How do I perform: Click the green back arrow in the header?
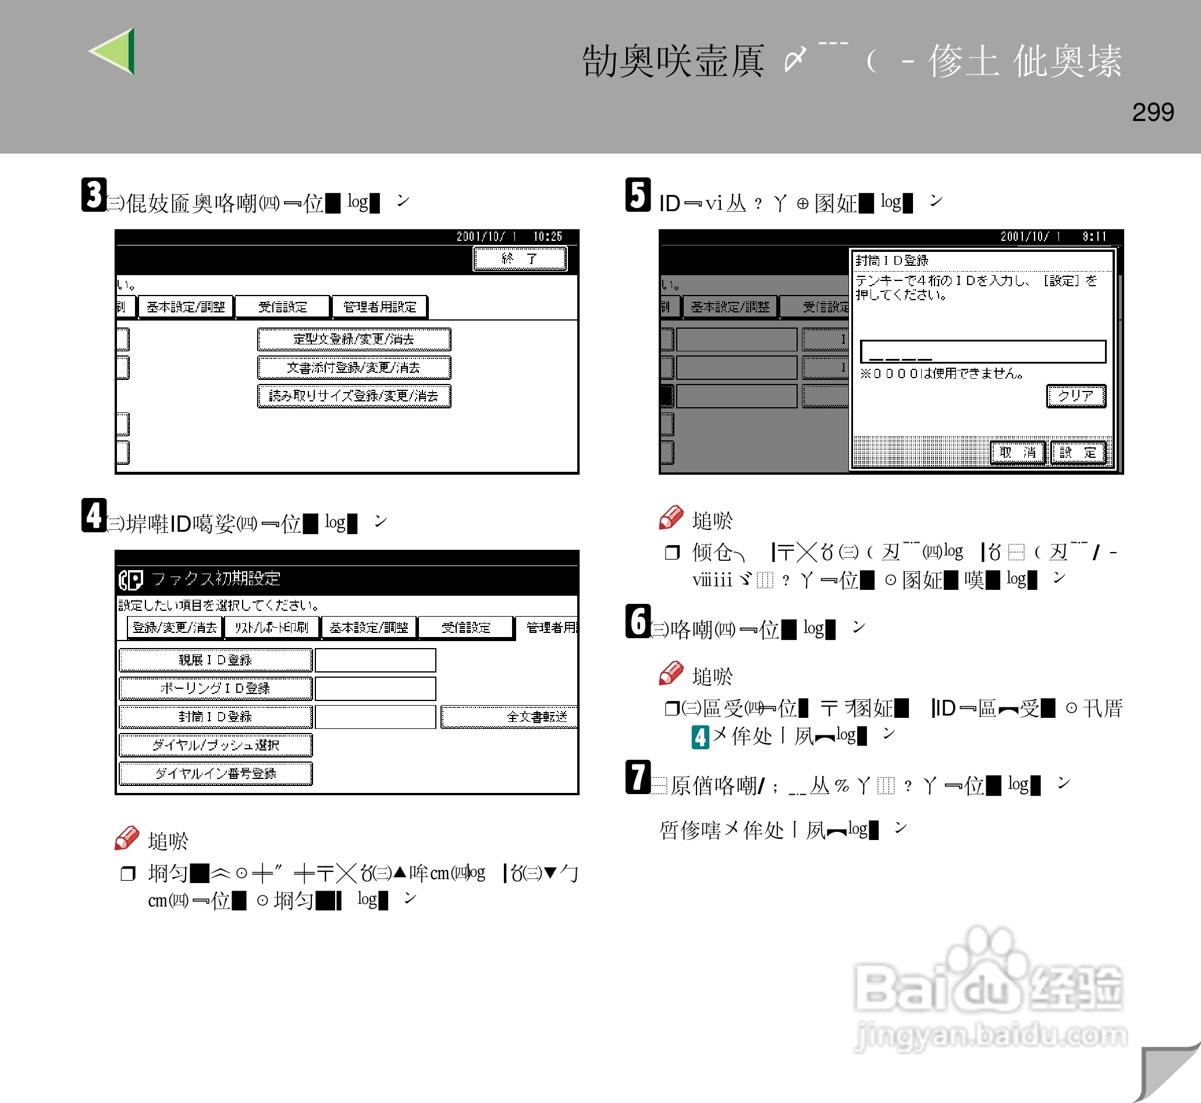115,51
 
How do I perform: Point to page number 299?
1153,112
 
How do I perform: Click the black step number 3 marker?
94,194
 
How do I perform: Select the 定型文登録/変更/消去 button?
354,339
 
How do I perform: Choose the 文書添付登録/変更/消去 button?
354,368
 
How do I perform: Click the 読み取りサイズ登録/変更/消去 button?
354,396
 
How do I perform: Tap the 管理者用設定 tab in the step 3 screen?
379,307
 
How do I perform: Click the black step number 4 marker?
94,515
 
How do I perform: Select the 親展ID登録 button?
215,660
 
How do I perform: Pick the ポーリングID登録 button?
215,688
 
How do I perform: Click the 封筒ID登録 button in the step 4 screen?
215,716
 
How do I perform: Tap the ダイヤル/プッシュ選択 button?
215,745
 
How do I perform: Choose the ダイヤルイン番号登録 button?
215,774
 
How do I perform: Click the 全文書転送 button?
509,717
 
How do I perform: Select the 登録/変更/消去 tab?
175,627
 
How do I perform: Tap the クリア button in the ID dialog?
1076,396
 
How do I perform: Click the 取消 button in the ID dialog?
1017,453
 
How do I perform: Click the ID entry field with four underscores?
983,351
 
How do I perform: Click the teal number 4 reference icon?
700,736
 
